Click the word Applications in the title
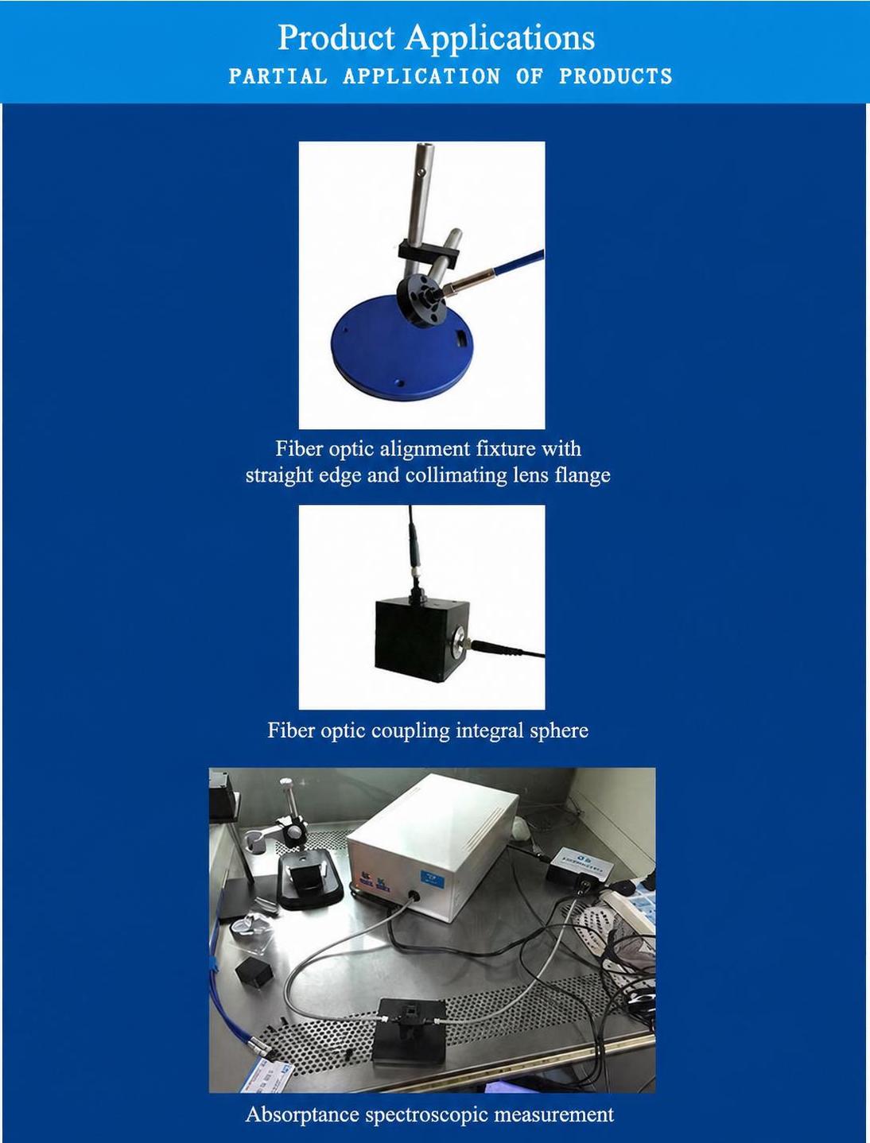(500, 39)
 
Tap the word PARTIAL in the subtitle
(278, 76)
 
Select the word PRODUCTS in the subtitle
(616, 76)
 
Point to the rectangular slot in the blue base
(462, 338)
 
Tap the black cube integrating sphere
(421, 640)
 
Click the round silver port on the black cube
(458, 641)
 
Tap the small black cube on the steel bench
(253, 971)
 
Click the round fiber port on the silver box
(414, 896)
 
